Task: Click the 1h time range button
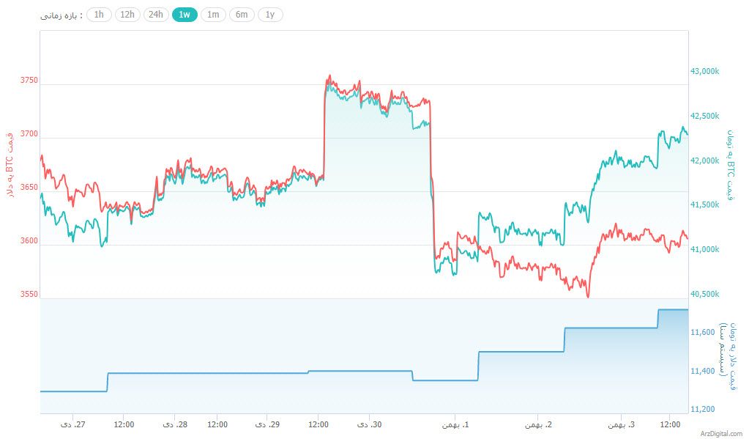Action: pyautogui.click(x=99, y=15)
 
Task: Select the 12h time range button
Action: pyautogui.click(x=127, y=15)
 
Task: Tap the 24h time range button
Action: pyautogui.click(x=156, y=15)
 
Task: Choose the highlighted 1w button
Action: pyautogui.click(x=185, y=15)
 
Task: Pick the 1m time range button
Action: pyautogui.click(x=213, y=15)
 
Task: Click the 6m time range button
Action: pyautogui.click(x=242, y=15)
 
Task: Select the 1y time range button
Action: pyautogui.click(x=270, y=15)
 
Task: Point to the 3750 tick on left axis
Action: pyautogui.click(x=29, y=81)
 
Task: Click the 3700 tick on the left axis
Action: pyautogui.click(x=29, y=134)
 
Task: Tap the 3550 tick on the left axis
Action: pyautogui.click(x=29, y=294)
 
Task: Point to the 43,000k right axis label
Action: pyautogui.click(x=704, y=71)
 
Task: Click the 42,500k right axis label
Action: pyautogui.click(x=704, y=116)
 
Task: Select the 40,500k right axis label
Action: pyautogui.click(x=704, y=294)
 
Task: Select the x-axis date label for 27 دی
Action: pyautogui.click(x=72, y=424)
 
